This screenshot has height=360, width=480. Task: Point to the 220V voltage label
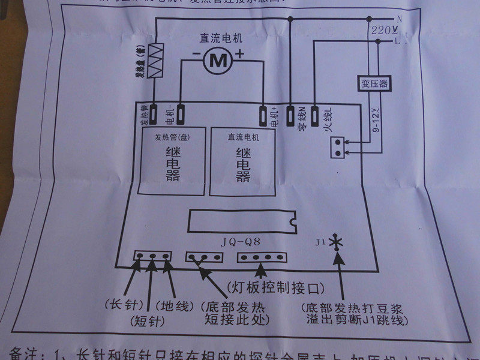383,29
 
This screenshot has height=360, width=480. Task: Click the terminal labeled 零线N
291,113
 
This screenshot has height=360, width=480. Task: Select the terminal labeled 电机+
263,113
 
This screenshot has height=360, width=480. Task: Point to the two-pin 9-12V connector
339,147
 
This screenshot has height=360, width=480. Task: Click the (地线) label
175,305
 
